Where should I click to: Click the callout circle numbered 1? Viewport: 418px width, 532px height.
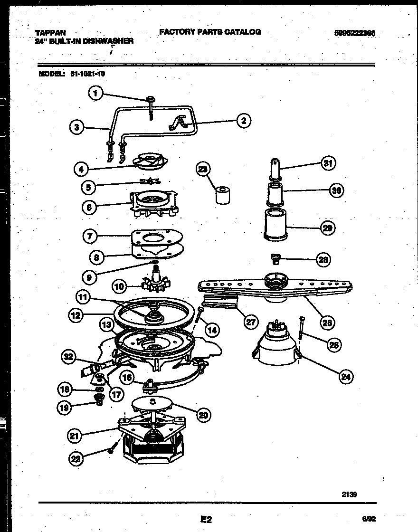(96, 94)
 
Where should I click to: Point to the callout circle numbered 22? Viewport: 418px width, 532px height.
(76, 458)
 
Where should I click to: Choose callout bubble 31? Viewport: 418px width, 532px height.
(327, 163)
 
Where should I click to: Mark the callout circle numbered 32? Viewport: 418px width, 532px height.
(70, 356)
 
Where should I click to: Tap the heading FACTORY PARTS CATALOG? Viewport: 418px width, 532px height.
(209, 32)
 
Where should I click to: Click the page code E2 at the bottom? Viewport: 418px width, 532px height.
(206, 520)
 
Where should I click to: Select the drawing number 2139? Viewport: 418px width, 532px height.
(349, 494)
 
